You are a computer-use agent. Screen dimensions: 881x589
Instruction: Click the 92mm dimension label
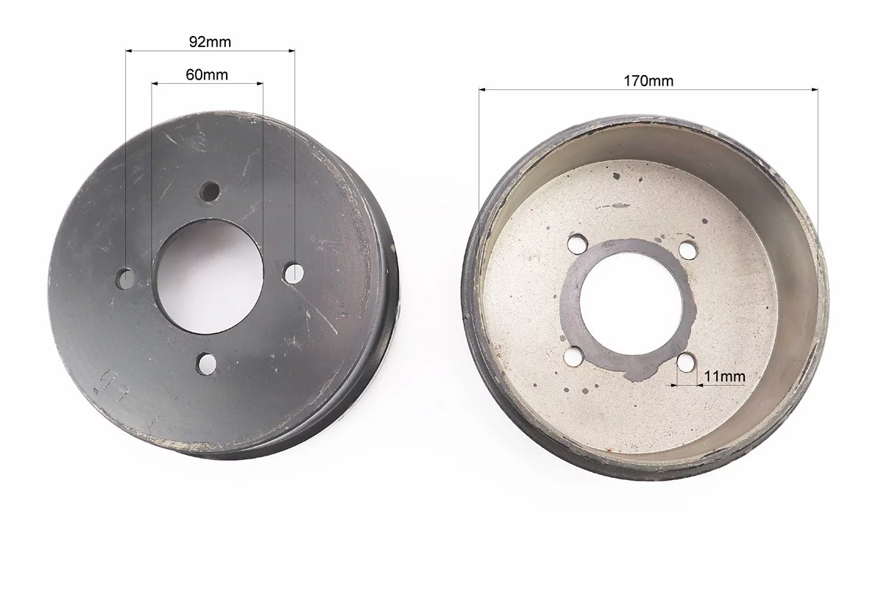[x=210, y=41]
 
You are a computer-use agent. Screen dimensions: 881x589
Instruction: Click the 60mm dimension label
[x=207, y=74]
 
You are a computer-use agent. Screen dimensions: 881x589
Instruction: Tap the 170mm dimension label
[x=648, y=81]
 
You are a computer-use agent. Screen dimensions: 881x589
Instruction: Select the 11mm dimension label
[x=725, y=376]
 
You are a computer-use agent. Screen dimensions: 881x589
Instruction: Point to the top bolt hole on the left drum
[x=210, y=191]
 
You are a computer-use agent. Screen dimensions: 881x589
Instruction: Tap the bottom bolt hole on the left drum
[x=207, y=364]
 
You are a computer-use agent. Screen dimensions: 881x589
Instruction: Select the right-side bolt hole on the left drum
[x=293, y=272]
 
